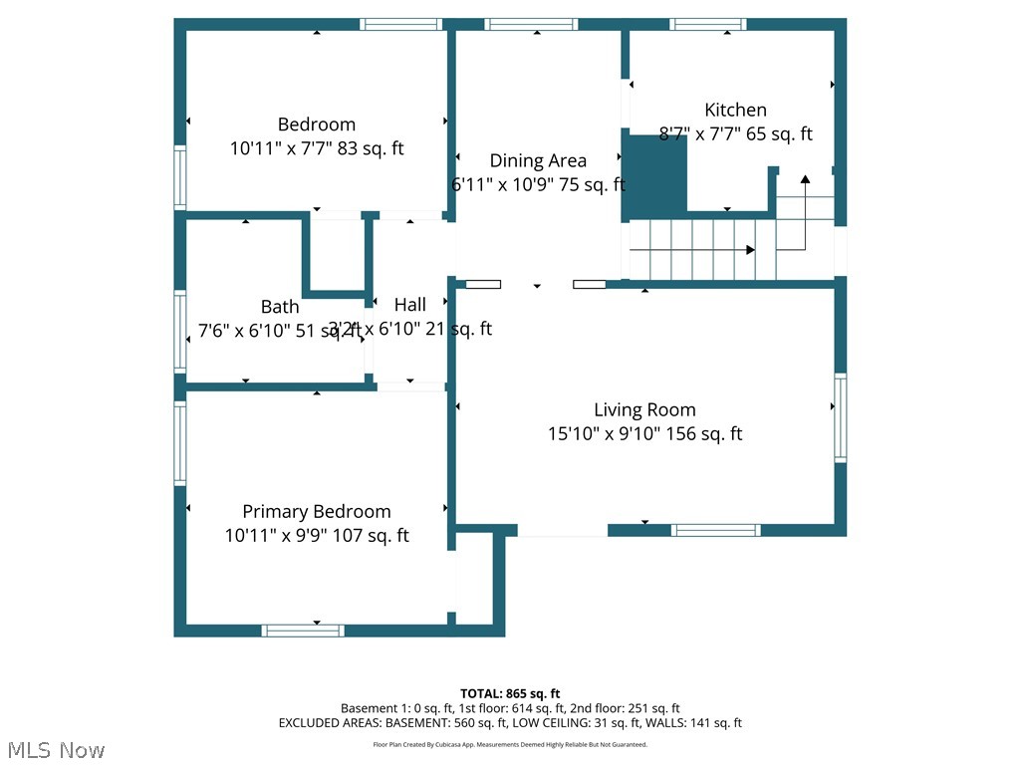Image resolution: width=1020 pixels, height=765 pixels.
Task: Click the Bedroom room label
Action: click(317, 125)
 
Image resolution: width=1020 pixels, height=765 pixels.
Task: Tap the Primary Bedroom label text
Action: click(317, 511)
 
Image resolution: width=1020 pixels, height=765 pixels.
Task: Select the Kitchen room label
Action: click(735, 110)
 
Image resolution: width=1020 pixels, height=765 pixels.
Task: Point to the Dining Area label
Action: click(538, 160)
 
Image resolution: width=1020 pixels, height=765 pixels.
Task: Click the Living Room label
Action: click(644, 409)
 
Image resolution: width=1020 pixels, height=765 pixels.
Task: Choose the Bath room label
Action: click(280, 307)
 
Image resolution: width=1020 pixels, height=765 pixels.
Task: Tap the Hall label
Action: click(409, 305)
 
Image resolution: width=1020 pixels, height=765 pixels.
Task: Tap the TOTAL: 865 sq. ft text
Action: click(510, 693)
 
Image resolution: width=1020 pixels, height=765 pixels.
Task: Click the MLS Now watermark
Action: click(56, 749)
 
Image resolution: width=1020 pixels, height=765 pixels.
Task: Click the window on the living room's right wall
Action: click(841, 417)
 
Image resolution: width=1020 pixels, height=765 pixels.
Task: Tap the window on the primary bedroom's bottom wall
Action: click(303, 631)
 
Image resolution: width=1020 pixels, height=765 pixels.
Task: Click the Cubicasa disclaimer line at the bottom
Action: click(510, 744)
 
